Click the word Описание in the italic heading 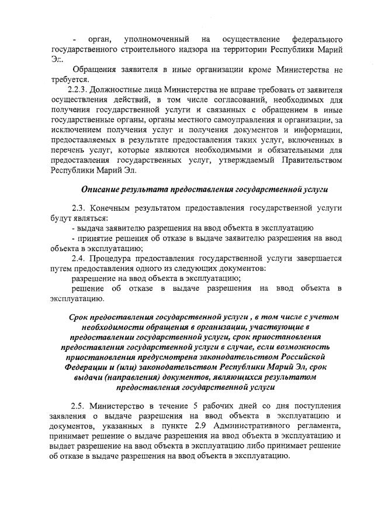(101, 190)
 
